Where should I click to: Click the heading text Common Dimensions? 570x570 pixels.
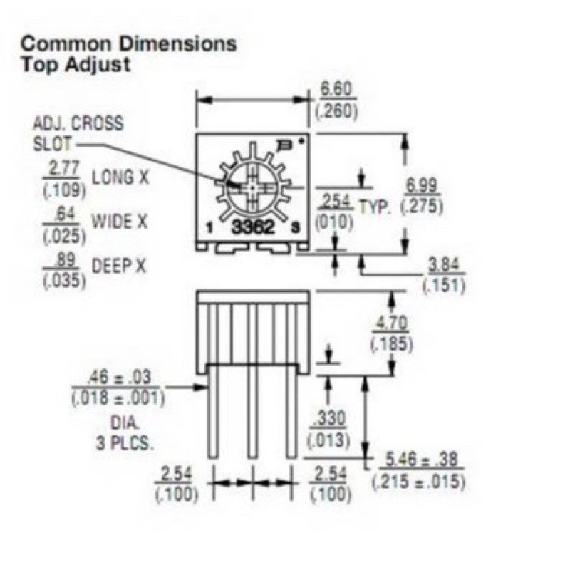(x=128, y=43)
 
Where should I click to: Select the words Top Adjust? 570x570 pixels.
(x=76, y=64)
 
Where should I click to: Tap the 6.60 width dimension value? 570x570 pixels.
(x=336, y=90)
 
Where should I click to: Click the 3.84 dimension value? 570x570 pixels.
(x=445, y=266)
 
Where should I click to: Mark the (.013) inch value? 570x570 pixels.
(x=328, y=440)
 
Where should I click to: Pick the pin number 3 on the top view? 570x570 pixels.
(x=294, y=229)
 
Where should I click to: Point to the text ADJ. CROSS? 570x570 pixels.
(x=78, y=123)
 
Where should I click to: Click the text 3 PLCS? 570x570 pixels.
(x=124, y=442)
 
